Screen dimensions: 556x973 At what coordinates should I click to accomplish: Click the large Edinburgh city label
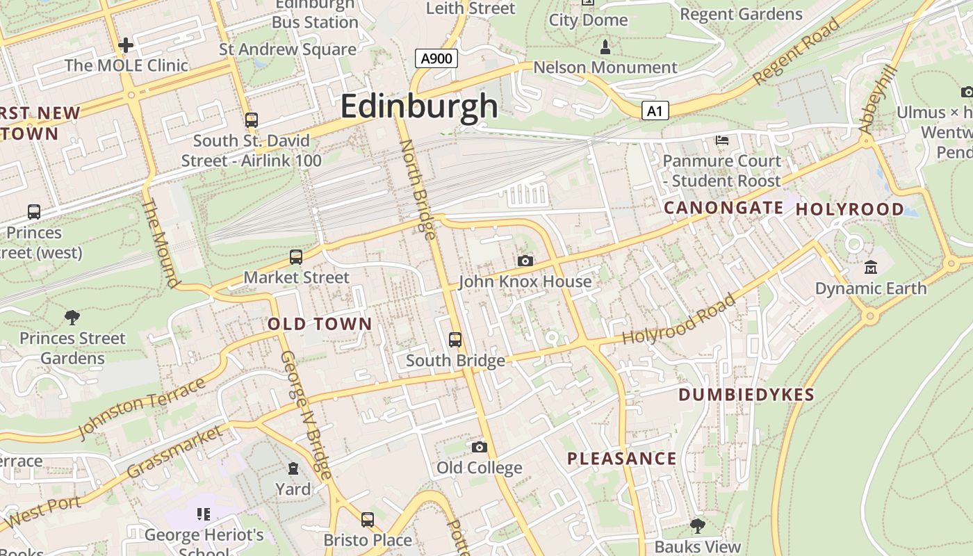(419, 107)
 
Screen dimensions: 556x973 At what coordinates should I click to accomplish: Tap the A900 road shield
(436, 58)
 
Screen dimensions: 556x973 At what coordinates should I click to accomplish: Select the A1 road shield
(655, 111)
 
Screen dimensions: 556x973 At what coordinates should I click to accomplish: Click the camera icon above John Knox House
(525, 261)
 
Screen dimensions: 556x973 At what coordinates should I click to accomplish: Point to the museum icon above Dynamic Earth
(870, 267)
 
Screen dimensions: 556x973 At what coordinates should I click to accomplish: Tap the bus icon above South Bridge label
(455, 340)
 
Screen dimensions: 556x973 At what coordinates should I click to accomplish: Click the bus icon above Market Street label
(296, 257)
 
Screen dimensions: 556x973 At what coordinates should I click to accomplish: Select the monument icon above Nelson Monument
(605, 47)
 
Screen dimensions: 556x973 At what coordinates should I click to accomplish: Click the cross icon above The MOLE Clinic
(126, 45)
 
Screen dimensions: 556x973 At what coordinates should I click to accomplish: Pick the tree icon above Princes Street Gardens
(72, 318)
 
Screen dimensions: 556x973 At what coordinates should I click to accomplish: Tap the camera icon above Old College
(479, 447)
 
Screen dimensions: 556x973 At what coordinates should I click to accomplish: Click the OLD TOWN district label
(320, 324)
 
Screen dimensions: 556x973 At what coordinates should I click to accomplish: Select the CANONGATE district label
(723, 208)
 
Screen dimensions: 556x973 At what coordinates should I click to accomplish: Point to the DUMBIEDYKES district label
(746, 395)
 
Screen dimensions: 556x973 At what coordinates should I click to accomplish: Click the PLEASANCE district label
(621, 459)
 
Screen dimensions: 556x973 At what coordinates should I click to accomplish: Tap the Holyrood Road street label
(679, 320)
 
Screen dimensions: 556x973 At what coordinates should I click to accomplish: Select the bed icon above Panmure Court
(722, 140)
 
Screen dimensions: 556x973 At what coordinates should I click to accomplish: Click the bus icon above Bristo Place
(367, 519)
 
